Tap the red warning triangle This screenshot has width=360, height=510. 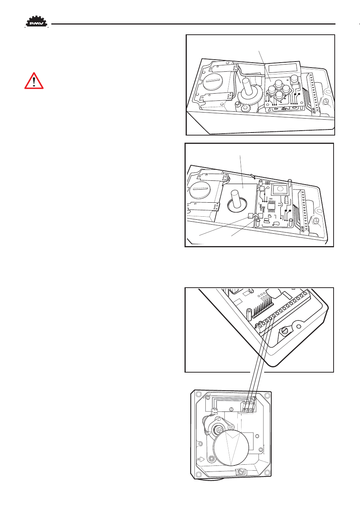(34, 81)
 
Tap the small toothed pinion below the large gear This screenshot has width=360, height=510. (245, 108)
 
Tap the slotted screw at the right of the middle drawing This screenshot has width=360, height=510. (316, 220)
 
